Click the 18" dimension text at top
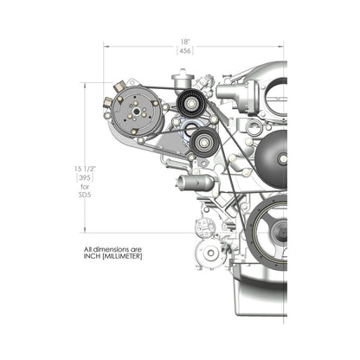click(x=185, y=41)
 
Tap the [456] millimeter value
click(x=185, y=52)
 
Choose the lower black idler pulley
click(x=204, y=142)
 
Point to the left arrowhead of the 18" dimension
click(x=106, y=46)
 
